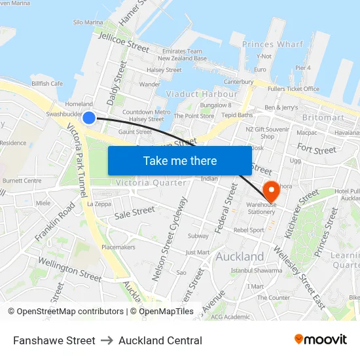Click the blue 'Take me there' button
click(x=179, y=160)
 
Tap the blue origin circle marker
click(x=89, y=117)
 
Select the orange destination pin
click(x=272, y=190)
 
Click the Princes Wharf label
click(x=273, y=45)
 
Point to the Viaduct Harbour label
click(x=202, y=94)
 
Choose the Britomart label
click(x=323, y=118)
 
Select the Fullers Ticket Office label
click(x=293, y=89)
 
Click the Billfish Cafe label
click(x=47, y=84)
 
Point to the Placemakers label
click(x=118, y=247)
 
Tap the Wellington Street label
click(x=69, y=269)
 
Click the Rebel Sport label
click(x=249, y=230)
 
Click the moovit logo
click(x=321, y=339)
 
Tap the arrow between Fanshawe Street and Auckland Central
click(x=107, y=340)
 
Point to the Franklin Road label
click(x=56, y=222)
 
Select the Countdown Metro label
click(x=147, y=112)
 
